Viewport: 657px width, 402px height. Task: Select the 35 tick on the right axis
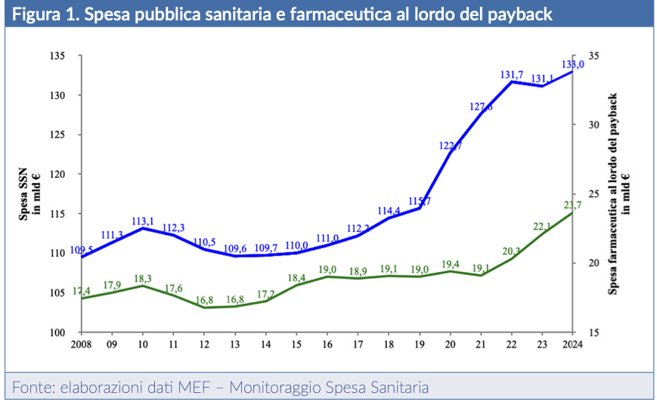[593, 56]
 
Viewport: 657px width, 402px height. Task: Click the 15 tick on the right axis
[593, 332]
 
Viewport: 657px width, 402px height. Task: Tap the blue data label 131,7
[512, 75]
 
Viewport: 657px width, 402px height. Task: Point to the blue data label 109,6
[234, 248]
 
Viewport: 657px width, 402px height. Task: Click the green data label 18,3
[143, 279]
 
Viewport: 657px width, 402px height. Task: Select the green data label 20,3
[512, 252]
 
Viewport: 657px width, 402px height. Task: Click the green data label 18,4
[296, 278]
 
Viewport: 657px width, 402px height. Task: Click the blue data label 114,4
[389, 211]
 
